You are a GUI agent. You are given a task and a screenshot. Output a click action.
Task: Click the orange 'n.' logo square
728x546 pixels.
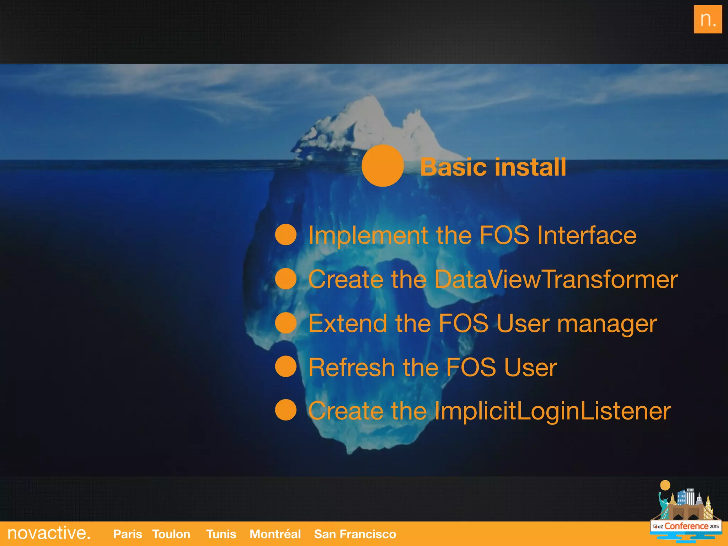(707, 19)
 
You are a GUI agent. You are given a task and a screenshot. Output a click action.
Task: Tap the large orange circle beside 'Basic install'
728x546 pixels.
(382, 166)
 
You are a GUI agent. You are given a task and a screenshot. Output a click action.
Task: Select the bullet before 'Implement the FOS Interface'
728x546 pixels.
(286, 235)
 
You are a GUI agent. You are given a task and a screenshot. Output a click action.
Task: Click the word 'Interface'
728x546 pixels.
(587, 235)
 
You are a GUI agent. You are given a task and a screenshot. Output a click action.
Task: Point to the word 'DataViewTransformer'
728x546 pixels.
(556, 279)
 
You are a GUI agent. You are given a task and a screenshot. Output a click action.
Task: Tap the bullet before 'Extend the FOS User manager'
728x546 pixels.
(286, 323)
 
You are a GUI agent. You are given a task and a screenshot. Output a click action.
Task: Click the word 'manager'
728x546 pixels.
(607, 324)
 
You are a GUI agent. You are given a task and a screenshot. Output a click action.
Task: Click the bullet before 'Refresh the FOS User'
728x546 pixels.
(286, 366)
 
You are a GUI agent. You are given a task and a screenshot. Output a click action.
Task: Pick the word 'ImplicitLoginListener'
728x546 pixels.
(552, 411)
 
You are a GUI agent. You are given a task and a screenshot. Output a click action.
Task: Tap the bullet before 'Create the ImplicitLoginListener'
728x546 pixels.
(286, 410)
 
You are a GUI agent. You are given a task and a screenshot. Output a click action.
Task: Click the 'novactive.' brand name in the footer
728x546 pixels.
(49, 533)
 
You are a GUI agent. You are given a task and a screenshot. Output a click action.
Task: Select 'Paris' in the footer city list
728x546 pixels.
(127, 534)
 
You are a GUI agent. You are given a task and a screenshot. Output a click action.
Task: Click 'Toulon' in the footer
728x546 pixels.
(171, 534)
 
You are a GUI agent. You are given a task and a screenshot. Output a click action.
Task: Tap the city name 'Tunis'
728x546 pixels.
(221, 534)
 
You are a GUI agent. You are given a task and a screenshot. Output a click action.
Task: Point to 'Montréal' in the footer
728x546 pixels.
(275, 534)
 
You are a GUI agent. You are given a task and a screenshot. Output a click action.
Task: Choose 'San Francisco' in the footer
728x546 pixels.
(355, 534)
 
